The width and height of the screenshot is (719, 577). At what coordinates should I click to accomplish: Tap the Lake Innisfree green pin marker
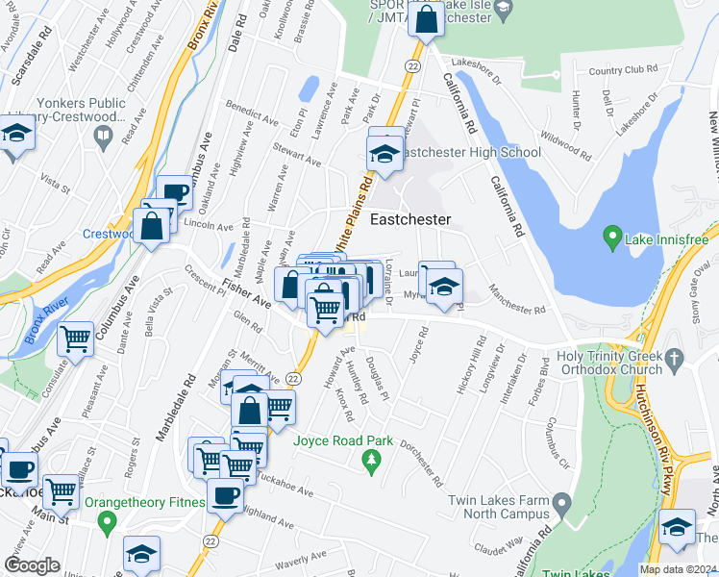(x=609, y=235)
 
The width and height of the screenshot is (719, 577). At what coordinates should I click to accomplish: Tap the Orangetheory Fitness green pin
(x=107, y=523)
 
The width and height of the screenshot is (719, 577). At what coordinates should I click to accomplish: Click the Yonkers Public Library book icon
(x=103, y=138)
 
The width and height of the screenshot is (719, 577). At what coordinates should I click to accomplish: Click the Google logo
(x=32, y=565)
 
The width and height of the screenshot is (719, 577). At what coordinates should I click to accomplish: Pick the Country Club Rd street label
(x=623, y=70)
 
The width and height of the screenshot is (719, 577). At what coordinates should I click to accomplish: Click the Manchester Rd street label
(x=516, y=299)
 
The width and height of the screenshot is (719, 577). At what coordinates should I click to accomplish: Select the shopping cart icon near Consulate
(x=75, y=337)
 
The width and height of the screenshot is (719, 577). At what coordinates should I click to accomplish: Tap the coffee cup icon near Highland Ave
(x=226, y=496)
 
